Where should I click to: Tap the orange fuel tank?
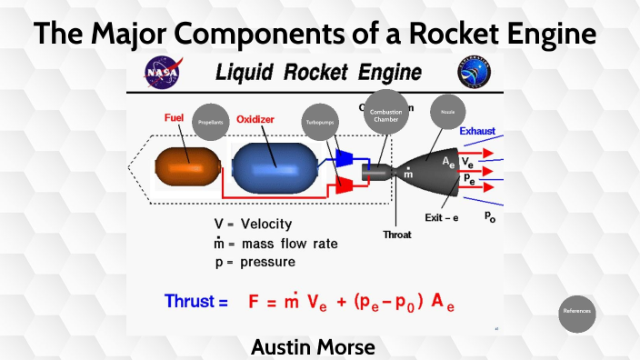[x=188, y=170]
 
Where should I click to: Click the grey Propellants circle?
[x=211, y=121]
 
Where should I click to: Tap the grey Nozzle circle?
[x=447, y=113]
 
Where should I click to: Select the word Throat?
[x=396, y=234]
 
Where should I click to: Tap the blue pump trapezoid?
[x=345, y=157]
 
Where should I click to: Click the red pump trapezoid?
[x=345, y=185]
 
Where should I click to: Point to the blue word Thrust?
[x=195, y=301]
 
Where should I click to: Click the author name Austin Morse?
[x=313, y=346]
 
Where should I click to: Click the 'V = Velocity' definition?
[x=254, y=223]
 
